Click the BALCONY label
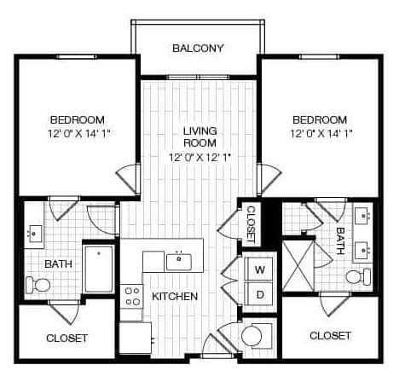pyautogui.click(x=198, y=48)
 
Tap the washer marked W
pyautogui.click(x=260, y=269)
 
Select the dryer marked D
pyautogui.click(x=260, y=295)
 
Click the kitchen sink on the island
pyautogui.click(x=178, y=262)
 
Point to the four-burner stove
pyautogui.click(x=131, y=297)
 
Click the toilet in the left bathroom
pyautogui.click(x=38, y=285)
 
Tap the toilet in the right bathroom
pyautogui.click(x=359, y=276)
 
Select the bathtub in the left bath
pyautogui.click(x=99, y=269)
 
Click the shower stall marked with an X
pyautogui.click(x=298, y=266)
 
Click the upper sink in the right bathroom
pyautogui.click(x=362, y=216)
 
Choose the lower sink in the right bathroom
pyautogui.click(x=362, y=250)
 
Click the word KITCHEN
pyautogui.click(x=175, y=297)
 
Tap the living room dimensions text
pyautogui.click(x=200, y=157)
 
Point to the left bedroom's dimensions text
pyautogui.click(x=78, y=133)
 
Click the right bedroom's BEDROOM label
pyautogui.click(x=320, y=120)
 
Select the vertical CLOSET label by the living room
pyautogui.click(x=252, y=224)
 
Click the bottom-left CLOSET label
pyautogui.click(x=67, y=339)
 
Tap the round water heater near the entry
pyautogui.click(x=252, y=336)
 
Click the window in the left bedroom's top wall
pyautogui.click(x=76, y=56)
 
